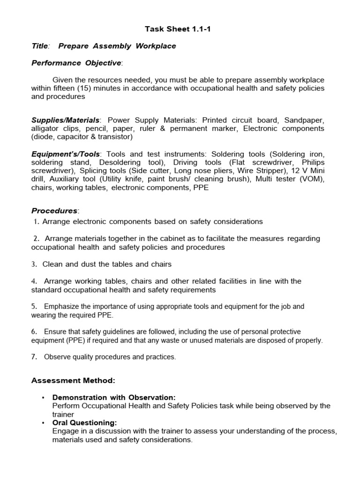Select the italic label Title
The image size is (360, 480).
[39, 46]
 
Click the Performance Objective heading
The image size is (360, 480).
[76, 63]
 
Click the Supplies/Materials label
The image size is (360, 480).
[65, 120]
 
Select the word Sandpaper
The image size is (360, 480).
[303, 120]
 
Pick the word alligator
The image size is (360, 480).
[46, 128]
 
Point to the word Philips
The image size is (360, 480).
[311, 163]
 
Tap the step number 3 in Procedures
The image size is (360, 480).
[34, 264]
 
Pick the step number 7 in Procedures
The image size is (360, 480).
[34, 357]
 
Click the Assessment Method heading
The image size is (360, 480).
[73, 380]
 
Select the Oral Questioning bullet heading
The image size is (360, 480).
[84, 423]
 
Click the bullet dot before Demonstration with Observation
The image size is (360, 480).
[43, 397]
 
